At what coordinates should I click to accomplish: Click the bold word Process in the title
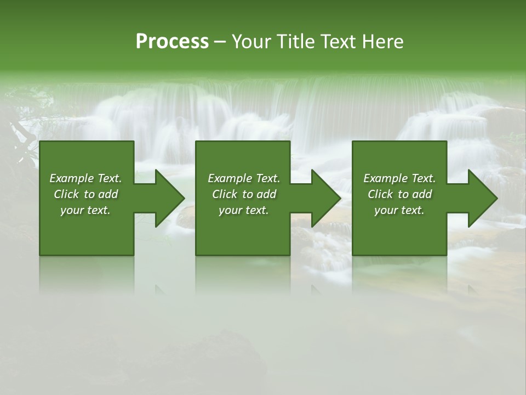[x=172, y=42]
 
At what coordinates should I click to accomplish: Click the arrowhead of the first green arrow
[x=169, y=198]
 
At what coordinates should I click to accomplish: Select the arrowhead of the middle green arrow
[x=325, y=198]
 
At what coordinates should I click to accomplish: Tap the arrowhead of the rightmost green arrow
[x=482, y=198]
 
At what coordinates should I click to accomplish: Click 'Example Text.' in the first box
[x=85, y=178]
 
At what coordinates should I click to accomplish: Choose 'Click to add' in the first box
[x=85, y=194]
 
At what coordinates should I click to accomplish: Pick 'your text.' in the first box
[x=85, y=210]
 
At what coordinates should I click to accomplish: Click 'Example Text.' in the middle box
[x=243, y=178]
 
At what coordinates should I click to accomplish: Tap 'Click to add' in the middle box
[x=243, y=194]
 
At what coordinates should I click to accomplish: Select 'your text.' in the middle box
[x=243, y=210]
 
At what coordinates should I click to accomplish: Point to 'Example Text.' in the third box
[x=399, y=178]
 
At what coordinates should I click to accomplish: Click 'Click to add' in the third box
[x=399, y=194]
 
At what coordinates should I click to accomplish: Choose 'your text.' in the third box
[x=399, y=210]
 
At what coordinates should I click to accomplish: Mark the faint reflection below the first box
[x=87, y=274]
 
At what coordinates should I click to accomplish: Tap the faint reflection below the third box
[x=399, y=274]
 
